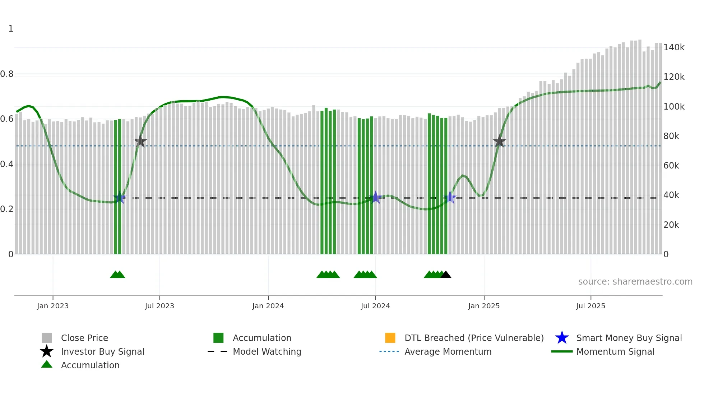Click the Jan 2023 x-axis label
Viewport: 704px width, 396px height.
[x=53, y=306]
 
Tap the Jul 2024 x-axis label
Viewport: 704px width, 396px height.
[x=375, y=306]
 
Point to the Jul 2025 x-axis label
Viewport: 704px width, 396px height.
[x=590, y=306]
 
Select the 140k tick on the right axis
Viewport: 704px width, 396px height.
[x=674, y=47]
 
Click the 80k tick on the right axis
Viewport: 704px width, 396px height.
[x=671, y=136]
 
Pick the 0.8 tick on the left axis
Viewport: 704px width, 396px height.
[x=7, y=74]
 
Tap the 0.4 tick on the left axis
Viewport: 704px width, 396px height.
[x=7, y=164]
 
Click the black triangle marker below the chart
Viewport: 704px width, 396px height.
[x=446, y=275]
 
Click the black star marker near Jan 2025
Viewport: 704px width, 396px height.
[x=499, y=142]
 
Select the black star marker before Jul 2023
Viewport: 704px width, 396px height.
[x=140, y=142]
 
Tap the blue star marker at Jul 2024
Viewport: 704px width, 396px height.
[x=376, y=197]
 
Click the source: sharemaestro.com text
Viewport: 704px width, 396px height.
[x=635, y=282]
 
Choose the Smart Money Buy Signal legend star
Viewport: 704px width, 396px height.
[x=562, y=338]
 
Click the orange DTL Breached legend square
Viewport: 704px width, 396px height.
[x=390, y=338]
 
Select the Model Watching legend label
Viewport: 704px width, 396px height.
[x=267, y=351]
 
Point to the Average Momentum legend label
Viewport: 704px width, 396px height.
[x=448, y=351]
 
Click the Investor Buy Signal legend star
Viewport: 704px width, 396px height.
[x=47, y=351]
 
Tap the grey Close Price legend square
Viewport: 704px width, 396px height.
[x=47, y=338]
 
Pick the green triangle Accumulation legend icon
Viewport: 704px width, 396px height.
[x=47, y=364]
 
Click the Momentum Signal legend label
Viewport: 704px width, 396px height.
[x=615, y=351]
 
